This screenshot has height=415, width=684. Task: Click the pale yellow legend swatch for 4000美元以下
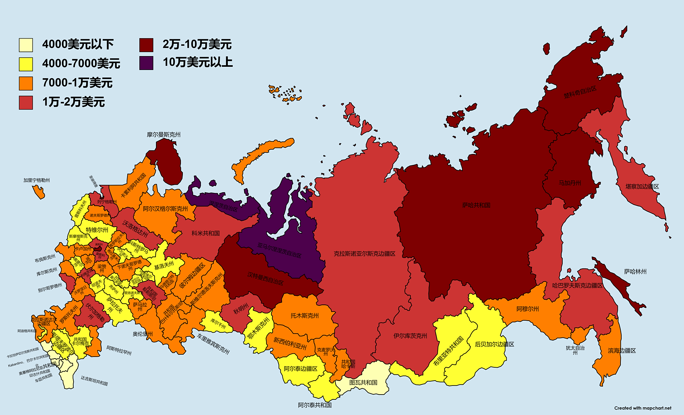pyautogui.click(x=26, y=45)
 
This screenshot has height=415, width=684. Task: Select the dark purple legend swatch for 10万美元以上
pyautogui.click(x=146, y=63)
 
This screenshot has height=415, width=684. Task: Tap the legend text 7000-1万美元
pyautogui.click(x=77, y=83)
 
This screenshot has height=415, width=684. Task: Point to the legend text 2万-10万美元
pyautogui.click(x=197, y=44)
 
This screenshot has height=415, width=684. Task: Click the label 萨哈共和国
pyautogui.click(x=476, y=205)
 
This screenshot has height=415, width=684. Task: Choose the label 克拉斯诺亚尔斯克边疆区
pyautogui.click(x=364, y=254)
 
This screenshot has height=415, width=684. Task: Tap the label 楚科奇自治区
pyautogui.click(x=580, y=92)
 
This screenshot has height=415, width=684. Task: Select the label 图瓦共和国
pyautogui.click(x=363, y=383)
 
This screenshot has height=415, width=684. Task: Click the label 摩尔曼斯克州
pyautogui.click(x=163, y=135)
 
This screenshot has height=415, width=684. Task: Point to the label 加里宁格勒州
pyautogui.click(x=36, y=180)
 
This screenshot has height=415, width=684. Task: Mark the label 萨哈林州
pyautogui.click(x=635, y=272)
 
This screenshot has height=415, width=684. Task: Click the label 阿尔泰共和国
pyautogui.click(x=314, y=405)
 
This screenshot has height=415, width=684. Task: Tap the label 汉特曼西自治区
pyautogui.click(x=265, y=279)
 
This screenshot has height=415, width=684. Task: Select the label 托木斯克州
pyautogui.click(x=304, y=315)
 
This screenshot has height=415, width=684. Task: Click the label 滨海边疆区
pyautogui.click(x=621, y=351)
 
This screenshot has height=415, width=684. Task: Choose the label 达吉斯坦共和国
pyautogui.click(x=94, y=381)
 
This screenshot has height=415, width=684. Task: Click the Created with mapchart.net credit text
pyautogui.click(x=643, y=408)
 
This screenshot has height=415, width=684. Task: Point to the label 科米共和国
pyautogui.click(x=206, y=233)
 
